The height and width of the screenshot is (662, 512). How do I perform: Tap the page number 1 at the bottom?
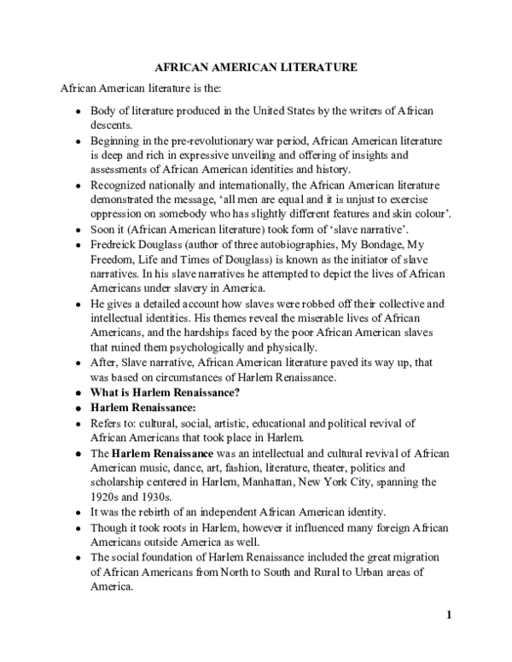tap(448, 615)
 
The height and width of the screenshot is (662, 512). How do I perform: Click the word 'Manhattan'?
tap(288, 482)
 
